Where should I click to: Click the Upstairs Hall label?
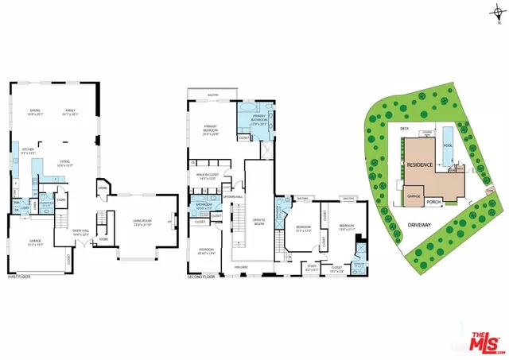tap(232, 196)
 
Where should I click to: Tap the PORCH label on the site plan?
tap(434, 201)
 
